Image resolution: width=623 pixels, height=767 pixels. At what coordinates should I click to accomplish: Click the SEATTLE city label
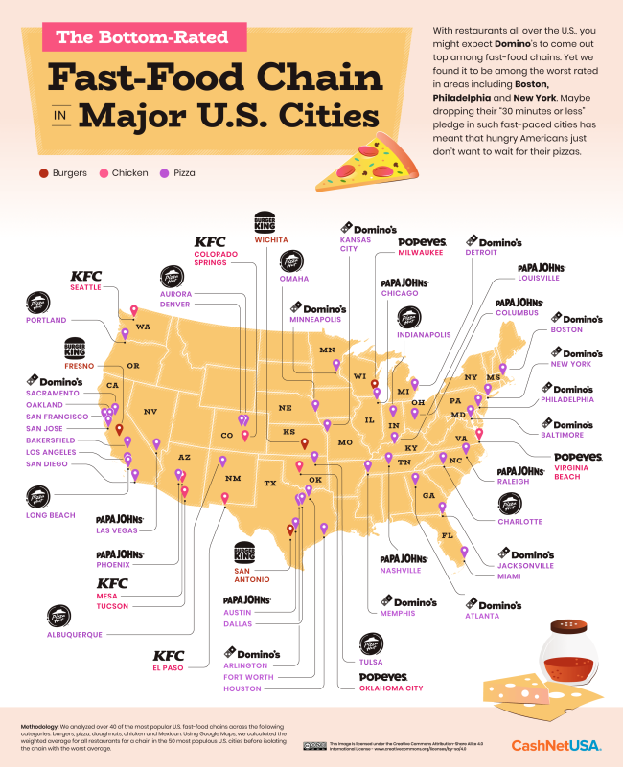coord(87,288)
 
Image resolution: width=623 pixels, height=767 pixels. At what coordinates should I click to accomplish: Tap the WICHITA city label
coord(270,240)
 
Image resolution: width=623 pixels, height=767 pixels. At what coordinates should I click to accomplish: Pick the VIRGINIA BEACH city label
coord(578,473)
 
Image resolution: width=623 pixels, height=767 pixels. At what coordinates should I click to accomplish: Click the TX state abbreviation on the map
coord(270,483)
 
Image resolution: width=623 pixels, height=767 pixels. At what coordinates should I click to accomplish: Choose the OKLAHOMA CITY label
coord(390,688)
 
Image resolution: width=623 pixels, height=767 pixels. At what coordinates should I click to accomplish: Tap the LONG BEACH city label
coord(50,515)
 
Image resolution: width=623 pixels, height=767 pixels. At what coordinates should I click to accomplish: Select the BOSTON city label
coord(566,329)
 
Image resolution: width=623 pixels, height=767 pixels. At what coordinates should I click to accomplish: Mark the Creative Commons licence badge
coord(313,745)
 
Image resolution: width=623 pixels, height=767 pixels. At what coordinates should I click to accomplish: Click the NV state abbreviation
coord(150,412)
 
